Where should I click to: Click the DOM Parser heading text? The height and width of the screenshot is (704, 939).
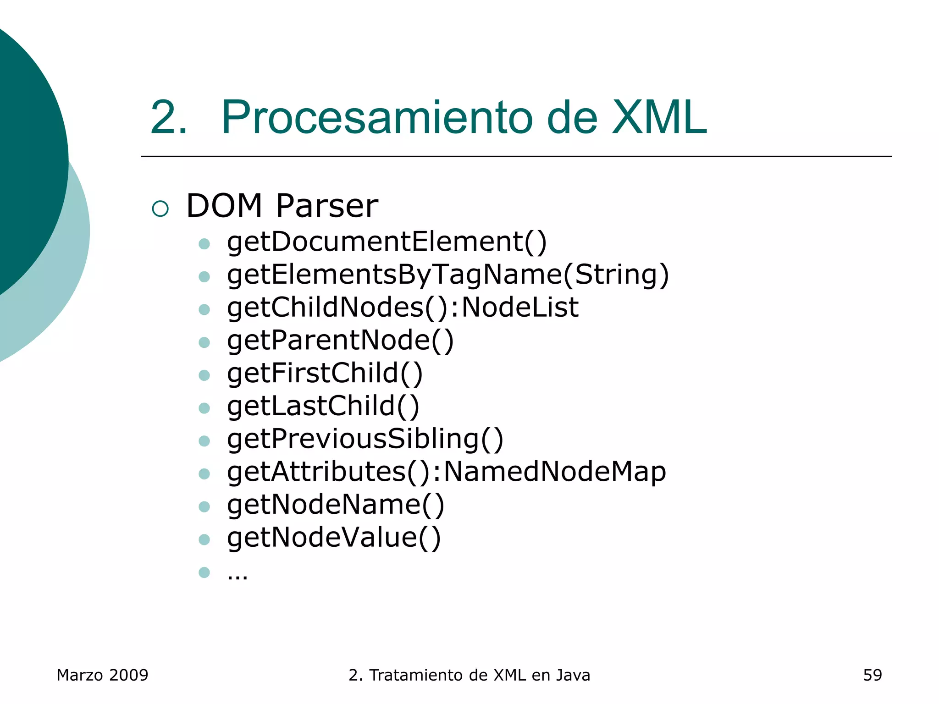pos(282,206)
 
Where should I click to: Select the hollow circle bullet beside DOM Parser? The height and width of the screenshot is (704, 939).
pos(160,209)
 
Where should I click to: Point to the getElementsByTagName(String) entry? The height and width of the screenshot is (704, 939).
pos(448,275)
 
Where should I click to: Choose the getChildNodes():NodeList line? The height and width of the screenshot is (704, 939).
pos(403,308)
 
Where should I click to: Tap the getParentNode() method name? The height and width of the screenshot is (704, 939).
pos(340,341)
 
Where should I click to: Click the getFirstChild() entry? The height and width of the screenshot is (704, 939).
pos(325,373)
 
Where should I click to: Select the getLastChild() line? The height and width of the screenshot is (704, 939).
pos(323,406)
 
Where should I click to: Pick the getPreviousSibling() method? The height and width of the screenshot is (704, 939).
pos(365,439)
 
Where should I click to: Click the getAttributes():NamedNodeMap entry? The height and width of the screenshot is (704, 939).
pos(446,472)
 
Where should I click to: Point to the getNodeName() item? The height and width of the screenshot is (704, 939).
pos(336,505)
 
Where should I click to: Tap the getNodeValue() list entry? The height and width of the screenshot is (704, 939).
pos(334,538)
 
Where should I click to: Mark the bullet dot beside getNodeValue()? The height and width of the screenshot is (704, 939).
pos(204,539)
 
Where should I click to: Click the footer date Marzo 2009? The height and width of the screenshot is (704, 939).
pos(102,675)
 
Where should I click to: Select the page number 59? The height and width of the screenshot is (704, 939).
pos(872,675)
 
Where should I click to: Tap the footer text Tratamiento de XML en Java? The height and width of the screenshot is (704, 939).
pos(480,675)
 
